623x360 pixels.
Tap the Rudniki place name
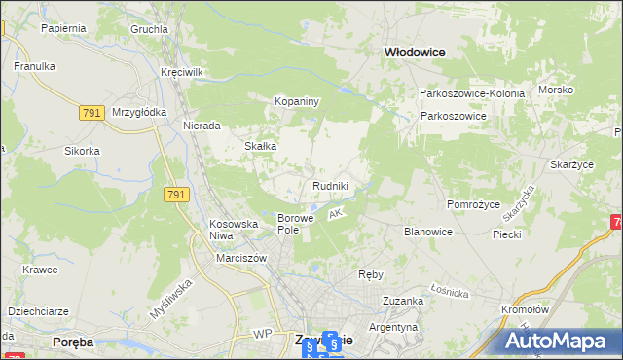coord(330,186)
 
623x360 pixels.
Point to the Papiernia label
coord(64,28)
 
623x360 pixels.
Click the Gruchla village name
coord(149,29)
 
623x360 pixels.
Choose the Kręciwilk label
coord(181,73)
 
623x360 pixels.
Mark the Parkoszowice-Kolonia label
coord(472,93)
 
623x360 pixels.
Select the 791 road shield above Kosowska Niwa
coord(176,196)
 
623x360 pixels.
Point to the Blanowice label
coord(427,232)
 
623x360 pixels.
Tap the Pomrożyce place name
coord(472,205)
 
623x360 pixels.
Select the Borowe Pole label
coord(295,224)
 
